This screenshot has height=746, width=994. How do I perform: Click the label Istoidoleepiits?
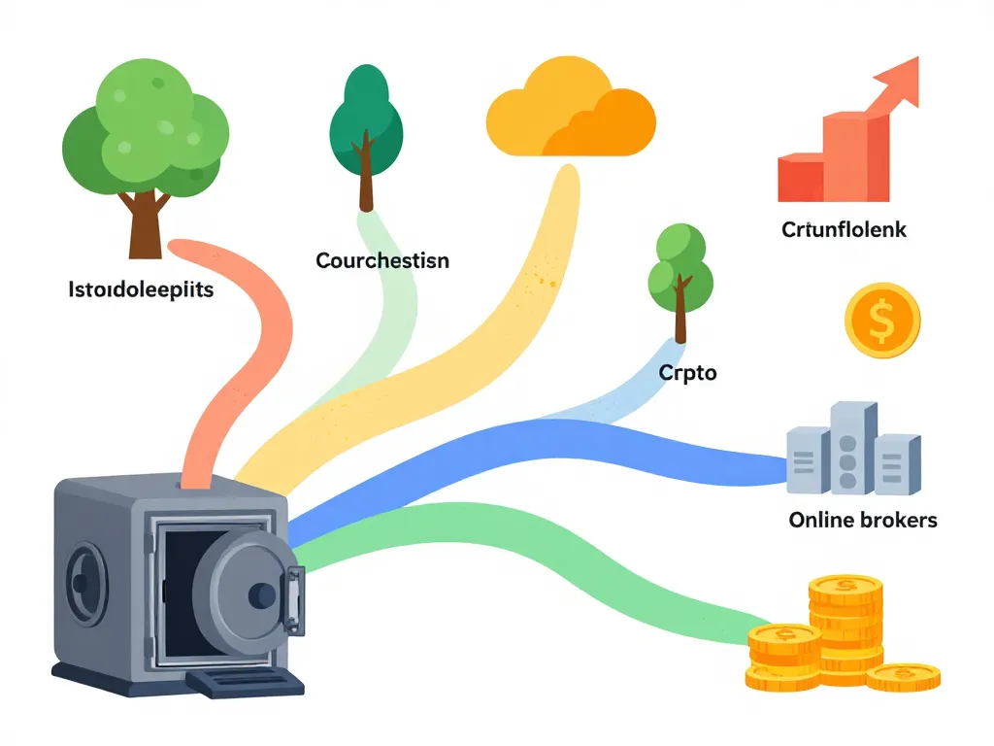[142, 288]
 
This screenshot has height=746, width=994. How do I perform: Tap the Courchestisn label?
[382, 260]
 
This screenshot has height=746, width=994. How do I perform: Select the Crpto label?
[687, 372]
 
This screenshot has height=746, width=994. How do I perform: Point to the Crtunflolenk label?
[844, 230]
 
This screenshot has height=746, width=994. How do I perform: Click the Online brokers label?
[863, 520]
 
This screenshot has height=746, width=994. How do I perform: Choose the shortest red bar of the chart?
[801, 180]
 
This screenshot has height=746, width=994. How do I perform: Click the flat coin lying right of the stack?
[902, 676]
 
